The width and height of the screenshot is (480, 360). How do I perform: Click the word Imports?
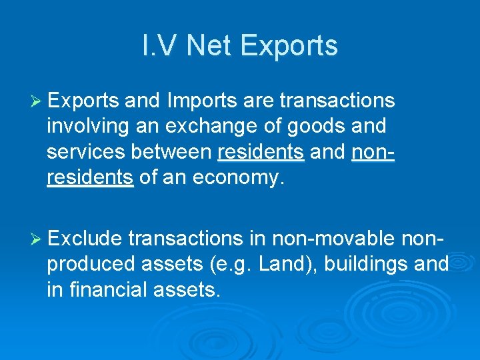202,101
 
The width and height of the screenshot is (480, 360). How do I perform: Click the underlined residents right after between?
261,153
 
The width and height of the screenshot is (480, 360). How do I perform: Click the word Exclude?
85,239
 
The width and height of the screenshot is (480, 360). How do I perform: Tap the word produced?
91,265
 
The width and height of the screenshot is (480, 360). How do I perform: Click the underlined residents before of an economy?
90,179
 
